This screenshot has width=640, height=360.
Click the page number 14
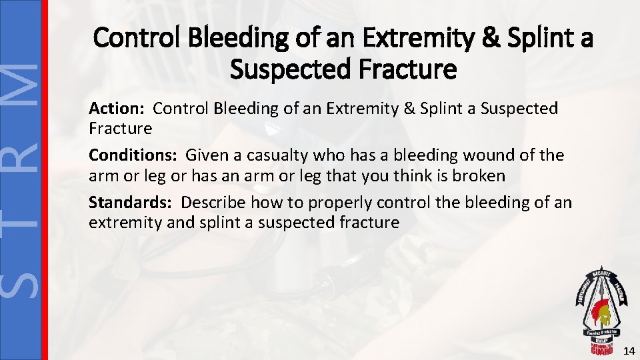coord(627,351)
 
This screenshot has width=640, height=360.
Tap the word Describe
coord(213,202)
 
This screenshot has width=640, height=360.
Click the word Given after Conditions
coord(206,155)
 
